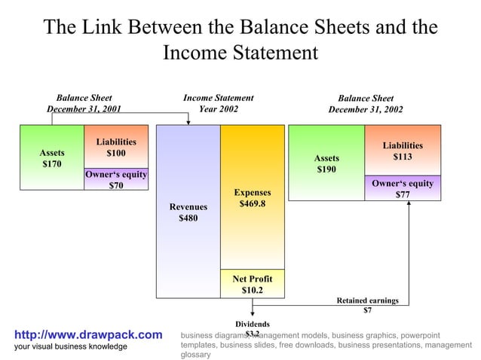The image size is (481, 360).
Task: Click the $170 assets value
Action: pos(52,163)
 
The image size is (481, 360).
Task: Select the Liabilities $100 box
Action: pos(115,148)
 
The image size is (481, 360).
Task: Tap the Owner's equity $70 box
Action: pos(115,181)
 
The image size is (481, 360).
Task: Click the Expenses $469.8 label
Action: pos(252,198)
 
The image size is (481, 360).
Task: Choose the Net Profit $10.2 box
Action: pos(252,284)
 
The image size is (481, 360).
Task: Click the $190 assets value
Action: pos(326,169)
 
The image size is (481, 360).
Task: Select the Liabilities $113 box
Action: pos(402,151)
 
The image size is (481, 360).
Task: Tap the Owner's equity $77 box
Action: pos(402,189)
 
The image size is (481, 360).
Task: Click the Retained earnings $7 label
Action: pos(367,305)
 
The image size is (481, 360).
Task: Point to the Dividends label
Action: pos(253,324)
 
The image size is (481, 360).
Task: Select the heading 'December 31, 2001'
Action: pos(84,109)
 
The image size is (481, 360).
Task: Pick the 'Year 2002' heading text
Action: pos(218,109)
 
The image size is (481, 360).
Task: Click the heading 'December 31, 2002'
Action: pos(366,109)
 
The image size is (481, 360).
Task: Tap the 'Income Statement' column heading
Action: pos(218,98)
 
